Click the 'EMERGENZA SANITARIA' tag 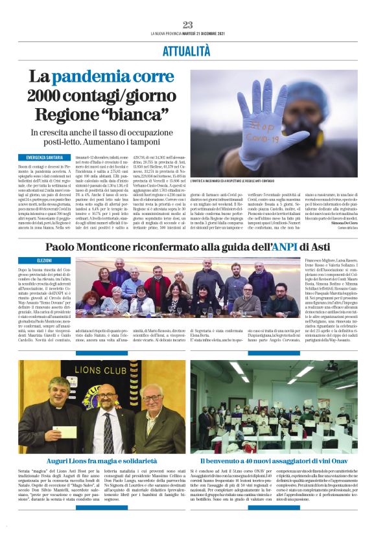[x=45, y=157]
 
